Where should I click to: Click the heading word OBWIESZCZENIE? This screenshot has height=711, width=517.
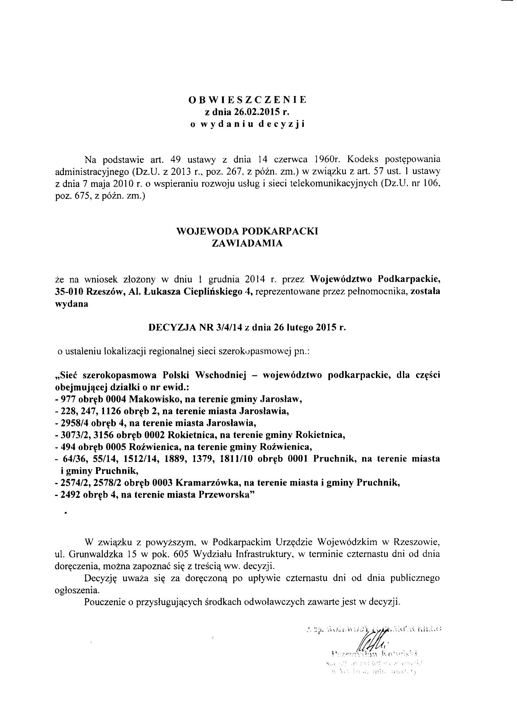tap(247, 100)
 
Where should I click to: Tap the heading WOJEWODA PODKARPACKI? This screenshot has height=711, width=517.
tap(247, 231)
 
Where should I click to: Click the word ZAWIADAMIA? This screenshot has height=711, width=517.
tap(247, 243)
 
